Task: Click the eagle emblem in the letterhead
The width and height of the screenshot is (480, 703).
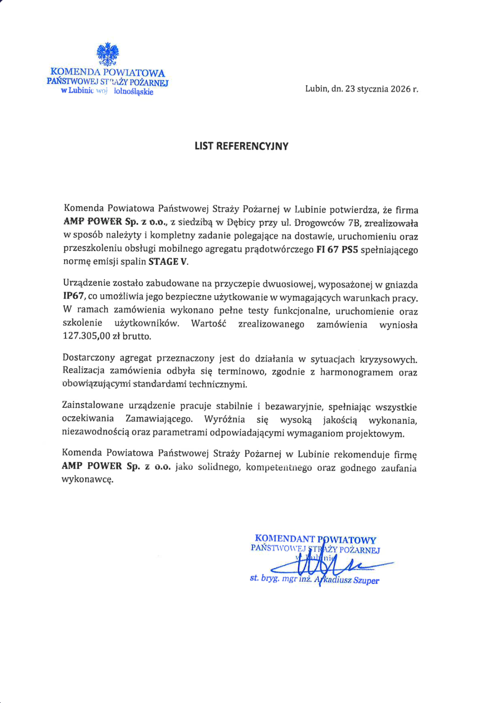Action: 108,54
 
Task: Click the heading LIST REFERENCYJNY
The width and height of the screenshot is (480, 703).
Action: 241,146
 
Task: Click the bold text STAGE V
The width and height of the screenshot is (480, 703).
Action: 168,262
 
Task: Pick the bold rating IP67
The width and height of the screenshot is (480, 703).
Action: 74,296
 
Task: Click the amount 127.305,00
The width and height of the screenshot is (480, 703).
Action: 86,336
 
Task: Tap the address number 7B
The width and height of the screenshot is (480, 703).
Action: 354,223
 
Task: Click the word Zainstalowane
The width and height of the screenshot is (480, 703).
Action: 93,405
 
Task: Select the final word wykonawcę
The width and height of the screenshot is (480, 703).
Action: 88,479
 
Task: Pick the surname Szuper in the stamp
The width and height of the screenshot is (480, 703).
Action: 366,581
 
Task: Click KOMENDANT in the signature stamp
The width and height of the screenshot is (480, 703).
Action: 285,538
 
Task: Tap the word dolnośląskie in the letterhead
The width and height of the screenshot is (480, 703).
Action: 133,92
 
